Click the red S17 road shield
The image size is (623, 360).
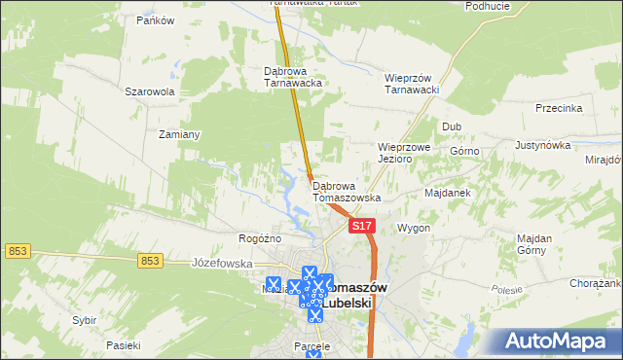point(362,226)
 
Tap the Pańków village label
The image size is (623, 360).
point(155,20)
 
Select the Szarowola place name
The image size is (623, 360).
point(149,91)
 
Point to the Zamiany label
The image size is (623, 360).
point(179,134)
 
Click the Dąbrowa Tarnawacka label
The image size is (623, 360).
point(293,77)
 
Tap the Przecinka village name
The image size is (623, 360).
point(559,109)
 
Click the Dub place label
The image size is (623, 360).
point(452,126)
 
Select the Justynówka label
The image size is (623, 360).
point(542,145)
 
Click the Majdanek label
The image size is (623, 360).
point(448,193)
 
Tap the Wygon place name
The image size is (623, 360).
point(414,228)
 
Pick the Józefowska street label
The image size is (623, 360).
point(222,264)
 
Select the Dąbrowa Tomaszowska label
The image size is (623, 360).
point(347,191)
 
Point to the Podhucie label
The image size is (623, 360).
point(488,6)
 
